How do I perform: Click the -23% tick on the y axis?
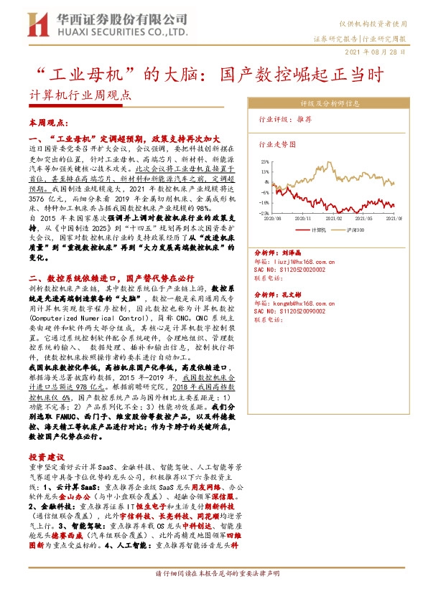click(264, 213)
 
